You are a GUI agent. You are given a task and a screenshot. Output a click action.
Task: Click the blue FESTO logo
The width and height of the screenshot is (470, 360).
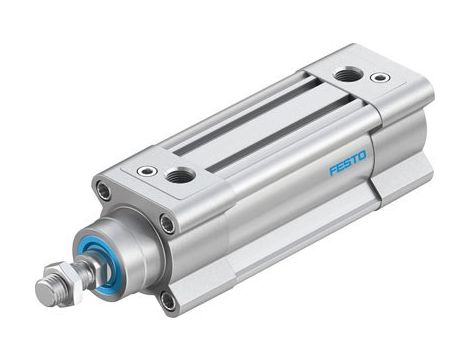pos(347,158)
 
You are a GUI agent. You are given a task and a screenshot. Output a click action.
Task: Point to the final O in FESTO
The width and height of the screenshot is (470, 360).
pos(362,153)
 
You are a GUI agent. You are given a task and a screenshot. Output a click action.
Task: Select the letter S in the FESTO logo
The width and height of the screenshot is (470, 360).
pos(347,158)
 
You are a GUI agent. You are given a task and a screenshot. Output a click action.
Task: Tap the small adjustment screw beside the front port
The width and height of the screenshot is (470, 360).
pos(147,171)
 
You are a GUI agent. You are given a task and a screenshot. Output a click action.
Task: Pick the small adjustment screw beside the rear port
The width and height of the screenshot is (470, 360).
pos(379,77)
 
